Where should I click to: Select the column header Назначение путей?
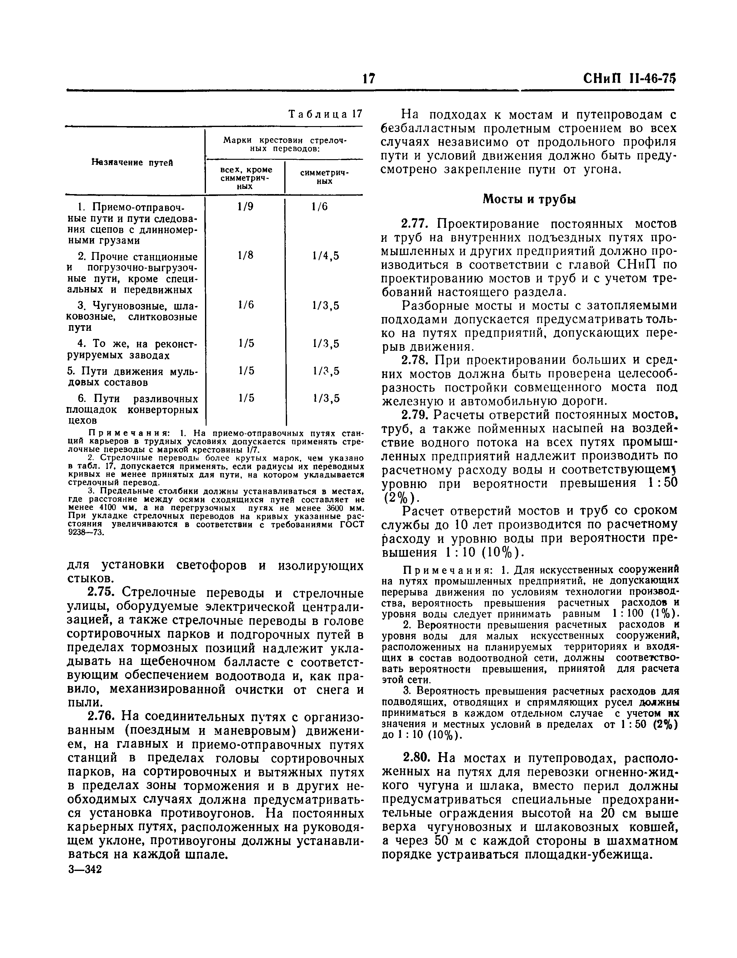click(132, 162)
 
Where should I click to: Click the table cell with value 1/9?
click(246, 207)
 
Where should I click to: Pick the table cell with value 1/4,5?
click(325, 256)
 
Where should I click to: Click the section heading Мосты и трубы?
click(529, 199)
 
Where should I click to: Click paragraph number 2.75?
click(103, 593)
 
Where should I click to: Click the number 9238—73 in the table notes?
click(86, 533)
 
